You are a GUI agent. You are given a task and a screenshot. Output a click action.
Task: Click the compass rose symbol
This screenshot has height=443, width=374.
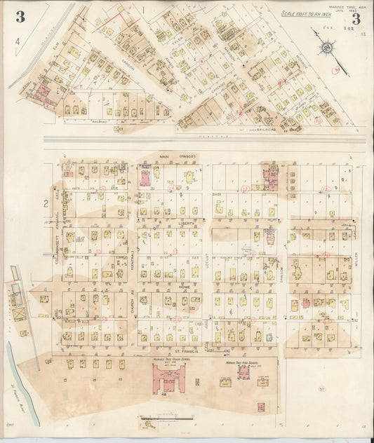(326, 48)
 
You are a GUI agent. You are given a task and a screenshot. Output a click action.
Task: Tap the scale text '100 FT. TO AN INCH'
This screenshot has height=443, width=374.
(308, 13)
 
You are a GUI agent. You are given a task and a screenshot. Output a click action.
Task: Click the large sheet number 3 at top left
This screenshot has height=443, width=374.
(20, 18)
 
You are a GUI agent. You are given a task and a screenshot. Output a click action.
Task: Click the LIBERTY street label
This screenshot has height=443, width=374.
(187, 224)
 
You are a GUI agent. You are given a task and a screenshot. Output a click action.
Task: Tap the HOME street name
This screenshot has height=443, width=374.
(185, 287)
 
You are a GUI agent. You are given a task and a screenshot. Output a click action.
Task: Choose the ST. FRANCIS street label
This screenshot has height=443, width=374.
(185, 350)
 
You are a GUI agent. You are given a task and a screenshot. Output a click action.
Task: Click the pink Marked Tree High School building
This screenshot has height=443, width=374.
(243, 372)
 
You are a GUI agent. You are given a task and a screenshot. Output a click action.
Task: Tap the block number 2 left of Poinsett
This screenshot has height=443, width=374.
(46, 204)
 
